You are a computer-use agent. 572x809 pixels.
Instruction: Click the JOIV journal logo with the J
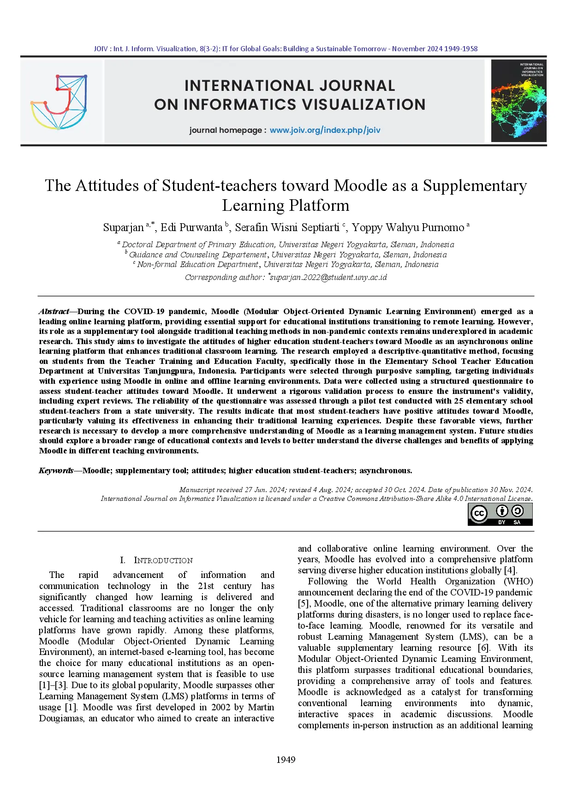click(59, 101)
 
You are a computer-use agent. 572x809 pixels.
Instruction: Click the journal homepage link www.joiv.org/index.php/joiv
click(325, 130)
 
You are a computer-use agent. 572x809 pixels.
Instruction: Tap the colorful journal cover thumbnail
click(518, 101)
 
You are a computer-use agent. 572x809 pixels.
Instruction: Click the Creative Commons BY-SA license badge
click(500, 514)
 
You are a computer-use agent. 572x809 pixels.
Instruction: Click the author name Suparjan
click(123, 227)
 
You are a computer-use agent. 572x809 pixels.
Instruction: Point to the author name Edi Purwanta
click(191, 227)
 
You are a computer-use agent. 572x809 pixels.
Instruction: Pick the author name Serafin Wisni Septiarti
click(287, 227)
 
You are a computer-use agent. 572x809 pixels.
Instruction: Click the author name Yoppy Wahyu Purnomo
click(408, 227)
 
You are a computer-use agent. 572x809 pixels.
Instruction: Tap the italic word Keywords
click(56, 470)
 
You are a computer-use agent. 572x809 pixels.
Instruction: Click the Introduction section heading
click(163, 560)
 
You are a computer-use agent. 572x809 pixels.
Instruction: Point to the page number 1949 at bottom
click(286, 759)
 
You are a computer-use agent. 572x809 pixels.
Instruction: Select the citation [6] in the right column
click(483, 648)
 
